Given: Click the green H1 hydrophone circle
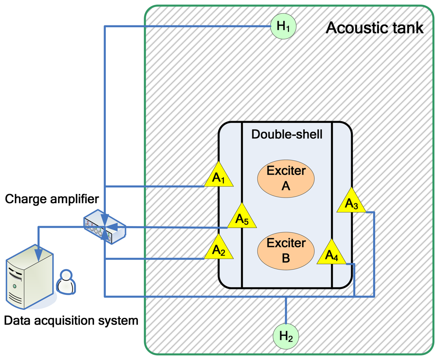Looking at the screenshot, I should point(283,26).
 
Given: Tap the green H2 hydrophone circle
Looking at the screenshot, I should point(286,337).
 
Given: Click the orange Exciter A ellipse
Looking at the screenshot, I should point(285,178).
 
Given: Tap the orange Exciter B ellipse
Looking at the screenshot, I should point(285,250).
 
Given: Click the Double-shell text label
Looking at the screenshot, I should point(287,134).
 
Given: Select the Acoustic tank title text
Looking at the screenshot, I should point(374,28).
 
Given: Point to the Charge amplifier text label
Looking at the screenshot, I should point(52,199).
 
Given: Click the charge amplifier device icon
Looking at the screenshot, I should point(104,227).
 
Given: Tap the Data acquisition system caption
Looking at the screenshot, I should point(71,320).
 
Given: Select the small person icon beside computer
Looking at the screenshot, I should point(66,282).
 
